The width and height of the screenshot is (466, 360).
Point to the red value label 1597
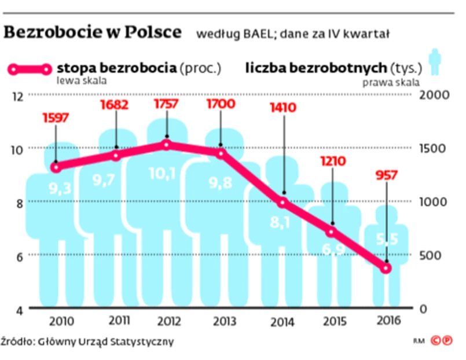click(56, 117)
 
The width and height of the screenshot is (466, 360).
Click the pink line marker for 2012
click(167, 144)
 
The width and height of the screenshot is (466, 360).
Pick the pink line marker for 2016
click(386, 268)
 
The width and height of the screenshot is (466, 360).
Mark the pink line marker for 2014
click(283, 203)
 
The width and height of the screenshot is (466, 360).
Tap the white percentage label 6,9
click(332, 249)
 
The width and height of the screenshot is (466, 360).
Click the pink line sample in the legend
click(30, 69)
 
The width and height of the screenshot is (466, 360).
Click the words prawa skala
click(391, 82)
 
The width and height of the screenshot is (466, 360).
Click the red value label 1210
click(332, 161)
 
